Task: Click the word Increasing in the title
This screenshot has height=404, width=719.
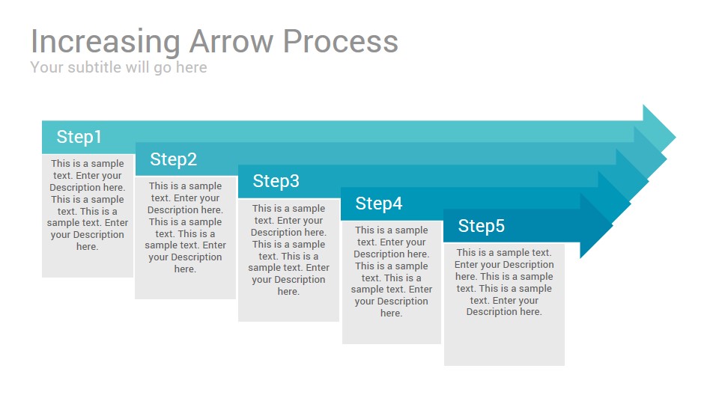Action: (105, 43)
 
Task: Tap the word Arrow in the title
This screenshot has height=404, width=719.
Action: (231, 41)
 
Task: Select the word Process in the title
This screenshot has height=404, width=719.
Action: (340, 41)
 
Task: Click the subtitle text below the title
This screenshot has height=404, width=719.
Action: (118, 68)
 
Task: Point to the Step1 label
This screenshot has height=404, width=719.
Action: (79, 137)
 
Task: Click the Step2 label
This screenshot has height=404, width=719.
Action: (173, 159)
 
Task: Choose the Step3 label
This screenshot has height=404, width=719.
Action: (276, 181)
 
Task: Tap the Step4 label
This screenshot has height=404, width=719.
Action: (379, 203)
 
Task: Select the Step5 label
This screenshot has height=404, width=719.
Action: (482, 226)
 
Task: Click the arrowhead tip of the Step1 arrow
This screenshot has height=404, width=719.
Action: (676, 136)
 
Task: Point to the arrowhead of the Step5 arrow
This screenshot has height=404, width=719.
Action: (596, 226)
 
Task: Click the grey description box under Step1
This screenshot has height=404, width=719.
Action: (88, 215)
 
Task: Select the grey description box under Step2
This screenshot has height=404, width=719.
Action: (185, 238)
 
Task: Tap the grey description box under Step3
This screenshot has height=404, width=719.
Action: (288, 260)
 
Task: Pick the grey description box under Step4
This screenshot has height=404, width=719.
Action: (391, 282)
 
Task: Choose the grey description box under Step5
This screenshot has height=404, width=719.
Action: (504, 304)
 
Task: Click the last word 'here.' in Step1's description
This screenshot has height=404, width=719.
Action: (87, 247)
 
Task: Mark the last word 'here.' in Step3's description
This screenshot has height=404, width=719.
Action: (288, 292)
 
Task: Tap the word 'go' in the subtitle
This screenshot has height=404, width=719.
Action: (163, 69)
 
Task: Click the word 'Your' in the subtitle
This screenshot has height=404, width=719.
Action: (46, 67)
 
